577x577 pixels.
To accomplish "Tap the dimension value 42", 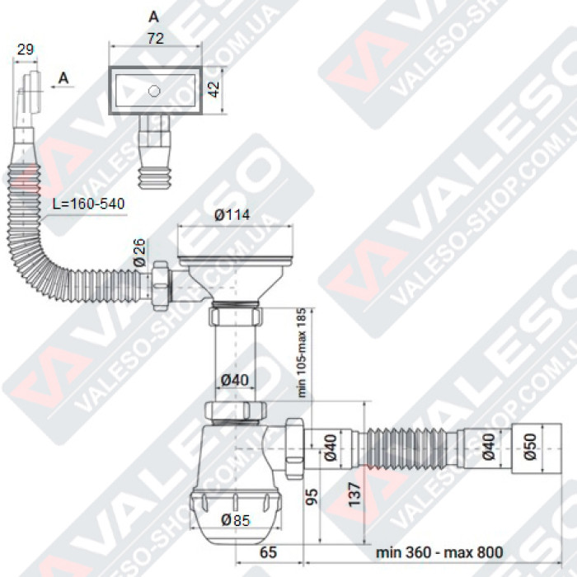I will coord(215,89).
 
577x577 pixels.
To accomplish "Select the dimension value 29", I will coord(25,49).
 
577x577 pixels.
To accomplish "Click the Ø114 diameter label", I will coord(232,216).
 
